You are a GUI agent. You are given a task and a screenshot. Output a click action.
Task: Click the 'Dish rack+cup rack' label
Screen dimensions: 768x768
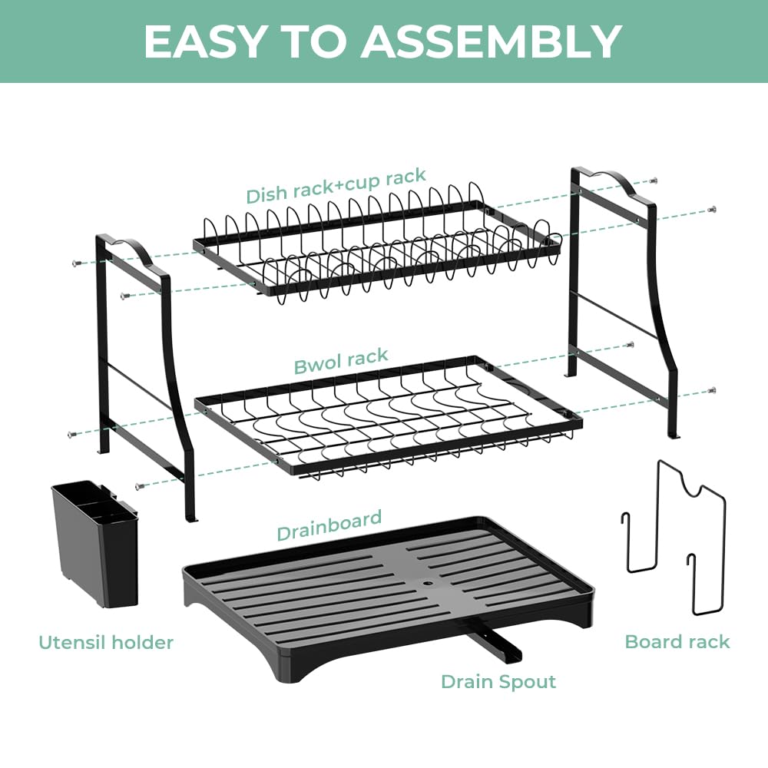pyautogui.click(x=336, y=186)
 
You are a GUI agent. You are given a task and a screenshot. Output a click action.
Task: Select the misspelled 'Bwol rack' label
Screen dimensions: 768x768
pyautogui.click(x=341, y=361)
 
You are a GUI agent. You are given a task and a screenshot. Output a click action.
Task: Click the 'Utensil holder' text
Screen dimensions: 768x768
pyautogui.click(x=106, y=642)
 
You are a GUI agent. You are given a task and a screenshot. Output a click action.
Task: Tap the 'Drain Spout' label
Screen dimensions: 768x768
pyautogui.click(x=498, y=681)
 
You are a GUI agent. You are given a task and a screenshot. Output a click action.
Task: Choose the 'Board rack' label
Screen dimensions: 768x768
pyautogui.click(x=677, y=641)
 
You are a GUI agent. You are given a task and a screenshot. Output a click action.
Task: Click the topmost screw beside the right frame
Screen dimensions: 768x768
pyautogui.click(x=653, y=180)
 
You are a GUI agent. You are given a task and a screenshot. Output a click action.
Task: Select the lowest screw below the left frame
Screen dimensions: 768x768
pyautogui.click(x=138, y=485)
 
